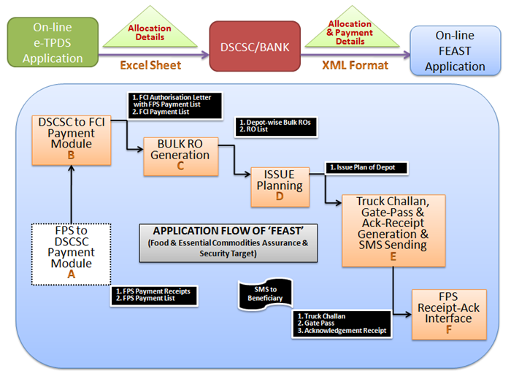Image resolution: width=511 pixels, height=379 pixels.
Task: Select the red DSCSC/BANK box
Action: (255, 46)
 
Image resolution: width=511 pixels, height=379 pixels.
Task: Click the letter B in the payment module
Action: (70, 155)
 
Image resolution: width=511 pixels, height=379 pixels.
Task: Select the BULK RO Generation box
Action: (181, 156)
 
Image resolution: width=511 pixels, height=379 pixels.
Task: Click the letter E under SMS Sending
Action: (393, 256)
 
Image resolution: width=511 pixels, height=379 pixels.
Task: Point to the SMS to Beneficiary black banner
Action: (262, 292)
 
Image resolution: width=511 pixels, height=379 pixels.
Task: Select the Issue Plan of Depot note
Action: (366, 167)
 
